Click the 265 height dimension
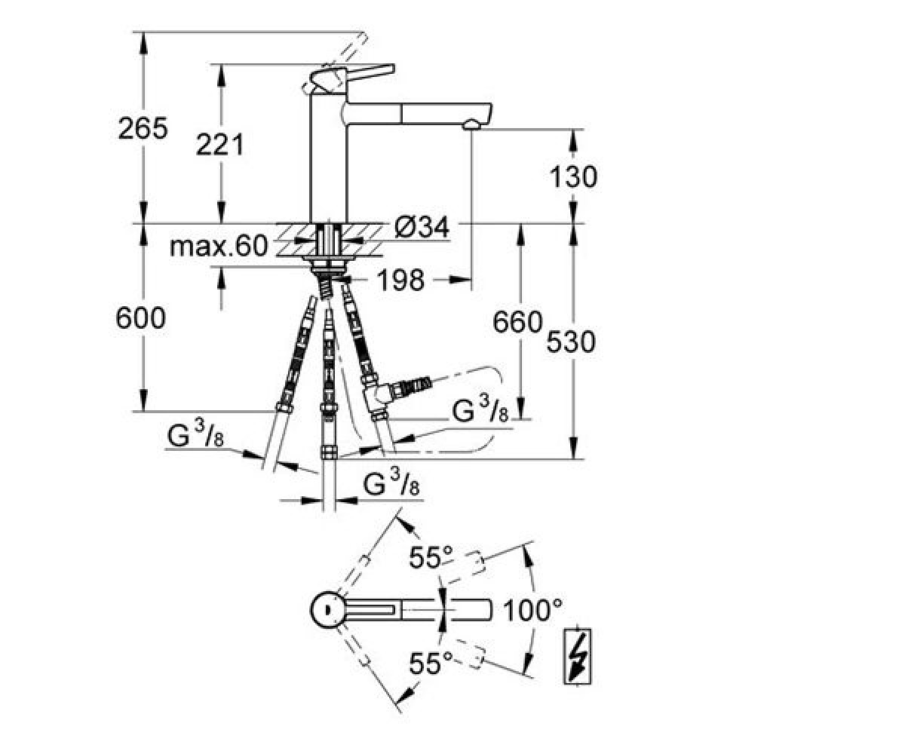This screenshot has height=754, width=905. [143, 128]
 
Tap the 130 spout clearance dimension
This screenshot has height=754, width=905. [573, 176]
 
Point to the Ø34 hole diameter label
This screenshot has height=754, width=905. [422, 227]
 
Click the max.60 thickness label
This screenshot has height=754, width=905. [219, 246]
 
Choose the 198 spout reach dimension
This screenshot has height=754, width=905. [401, 280]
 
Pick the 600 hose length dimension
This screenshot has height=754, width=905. [140, 317]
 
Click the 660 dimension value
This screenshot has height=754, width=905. [517, 322]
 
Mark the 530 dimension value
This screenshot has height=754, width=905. [571, 341]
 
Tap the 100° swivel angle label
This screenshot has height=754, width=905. [532, 611]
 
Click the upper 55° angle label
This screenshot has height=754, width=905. [431, 557]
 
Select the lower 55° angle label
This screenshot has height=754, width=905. [431, 663]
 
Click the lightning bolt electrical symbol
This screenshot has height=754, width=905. [578, 656]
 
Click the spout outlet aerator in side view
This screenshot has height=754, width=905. [471, 126]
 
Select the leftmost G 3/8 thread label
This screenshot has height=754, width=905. [195, 436]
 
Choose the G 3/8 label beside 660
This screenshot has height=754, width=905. [480, 410]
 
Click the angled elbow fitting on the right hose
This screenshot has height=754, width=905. [382, 394]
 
